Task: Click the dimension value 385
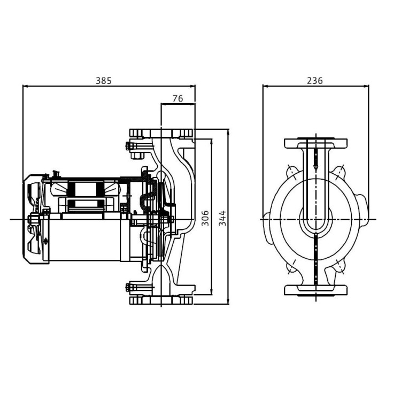pyautogui.click(x=104, y=81)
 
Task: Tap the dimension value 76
pyautogui.click(x=178, y=98)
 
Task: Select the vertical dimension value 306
pyautogui.click(x=205, y=218)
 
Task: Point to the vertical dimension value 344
pyautogui.click(x=222, y=218)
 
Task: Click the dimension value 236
pyautogui.click(x=315, y=81)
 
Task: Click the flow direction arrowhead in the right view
pyautogui.click(x=316, y=168)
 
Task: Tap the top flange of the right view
pyautogui.click(x=316, y=143)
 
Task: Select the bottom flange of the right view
pyautogui.click(x=316, y=290)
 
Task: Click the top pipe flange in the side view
pyautogui.click(x=161, y=133)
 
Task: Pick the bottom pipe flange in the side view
pyautogui.click(x=161, y=300)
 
